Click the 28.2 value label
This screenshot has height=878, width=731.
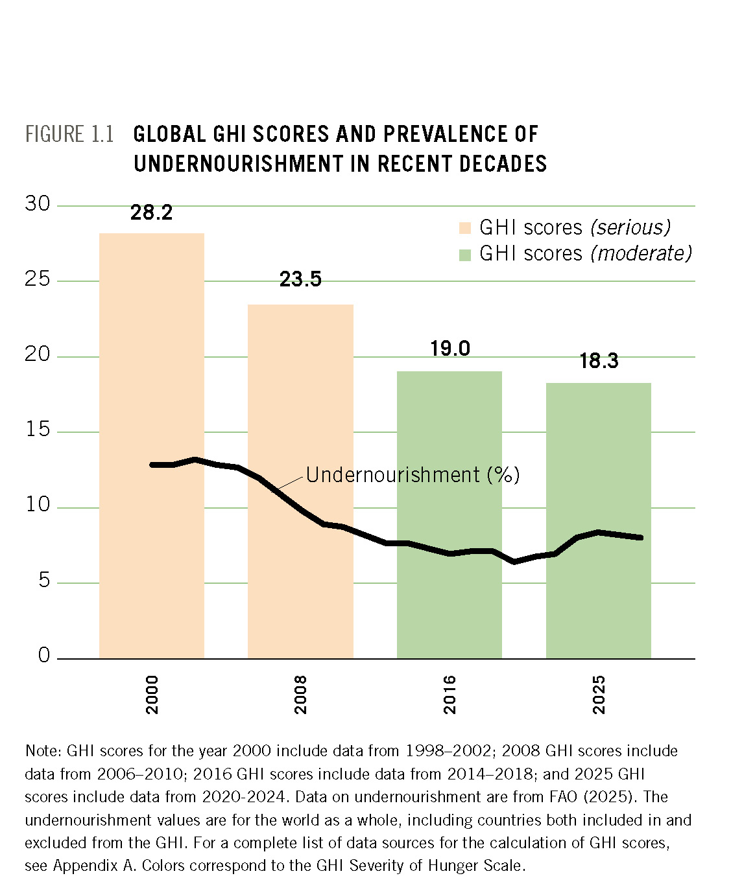pyautogui.click(x=151, y=213)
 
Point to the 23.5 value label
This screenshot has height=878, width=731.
pyautogui.click(x=300, y=279)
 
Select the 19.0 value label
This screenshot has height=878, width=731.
pyautogui.click(x=449, y=349)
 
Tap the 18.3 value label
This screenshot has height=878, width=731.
pyautogui.click(x=598, y=361)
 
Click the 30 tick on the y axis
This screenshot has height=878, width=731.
pyautogui.click(x=38, y=203)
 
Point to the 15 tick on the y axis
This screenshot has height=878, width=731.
pyautogui.click(x=38, y=429)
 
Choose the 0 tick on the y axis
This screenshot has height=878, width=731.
pyautogui.click(x=43, y=655)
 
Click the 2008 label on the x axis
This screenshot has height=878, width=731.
pyautogui.click(x=300, y=695)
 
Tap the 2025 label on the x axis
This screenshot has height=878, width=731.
pyautogui.click(x=599, y=695)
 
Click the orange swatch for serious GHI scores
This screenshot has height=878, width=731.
pyautogui.click(x=464, y=228)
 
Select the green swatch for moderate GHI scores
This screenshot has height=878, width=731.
pyautogui.click(x=464, y=255)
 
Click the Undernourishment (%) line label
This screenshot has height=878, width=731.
pyautogui.click(x=413, y=475)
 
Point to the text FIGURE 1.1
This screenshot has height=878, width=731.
pyautogui.click(x=69, y=134)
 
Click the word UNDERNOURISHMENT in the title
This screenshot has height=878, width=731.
pyautogui.click(x=238, y=164)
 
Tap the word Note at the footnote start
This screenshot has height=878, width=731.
pyautogui.click(x=42, y=751)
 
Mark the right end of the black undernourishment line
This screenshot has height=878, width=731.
pyautogui.click(x=641, y=537)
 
